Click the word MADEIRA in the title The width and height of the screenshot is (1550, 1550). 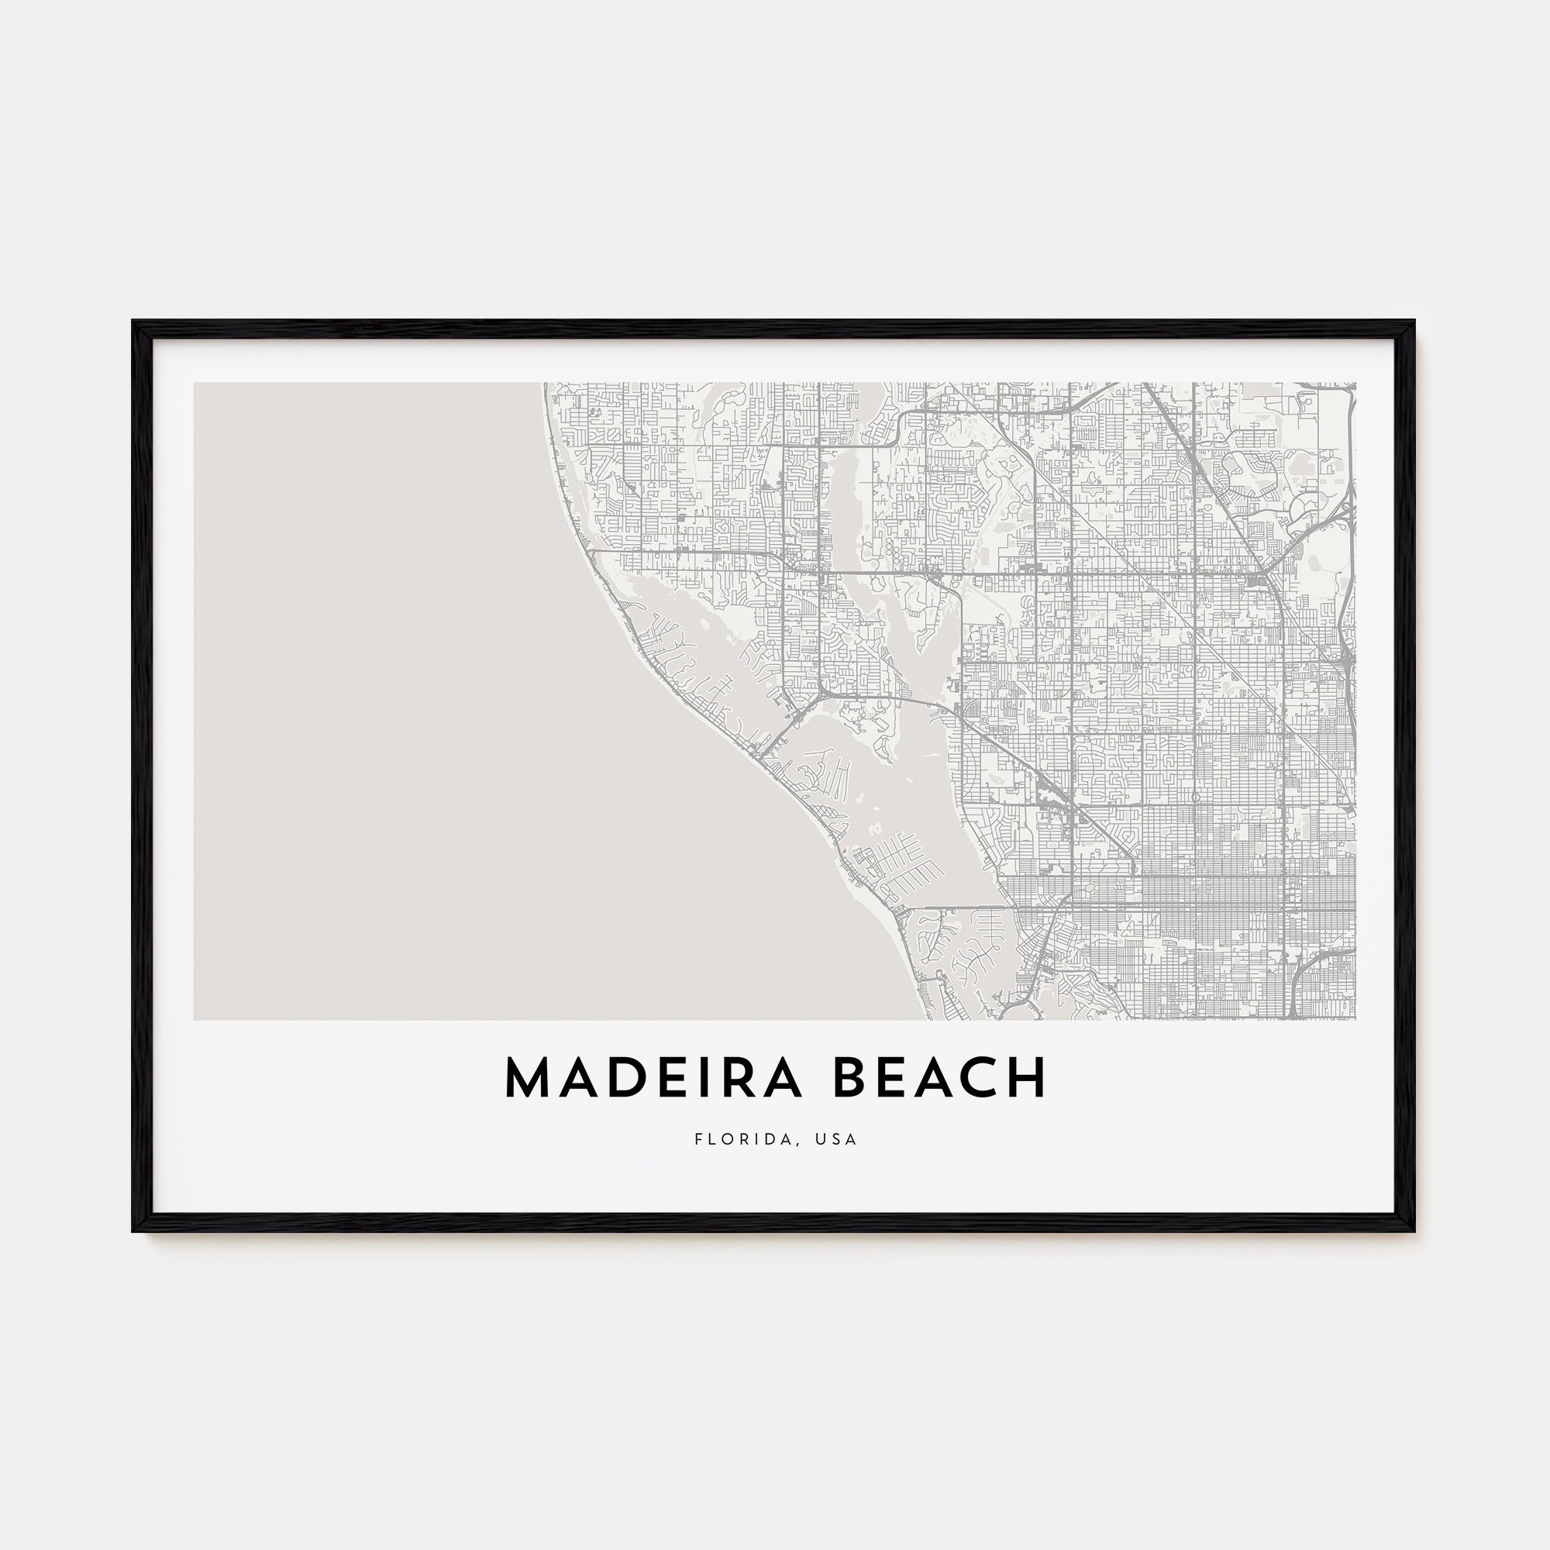(653, 1077)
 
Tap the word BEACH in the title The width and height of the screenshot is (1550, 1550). (940, 1077)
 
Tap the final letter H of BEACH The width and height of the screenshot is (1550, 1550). (1030, 1077)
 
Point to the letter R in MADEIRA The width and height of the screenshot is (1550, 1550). (736, 1077)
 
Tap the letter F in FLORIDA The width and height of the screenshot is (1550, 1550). (699, 1139)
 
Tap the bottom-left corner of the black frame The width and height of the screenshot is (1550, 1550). (134, 1230)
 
